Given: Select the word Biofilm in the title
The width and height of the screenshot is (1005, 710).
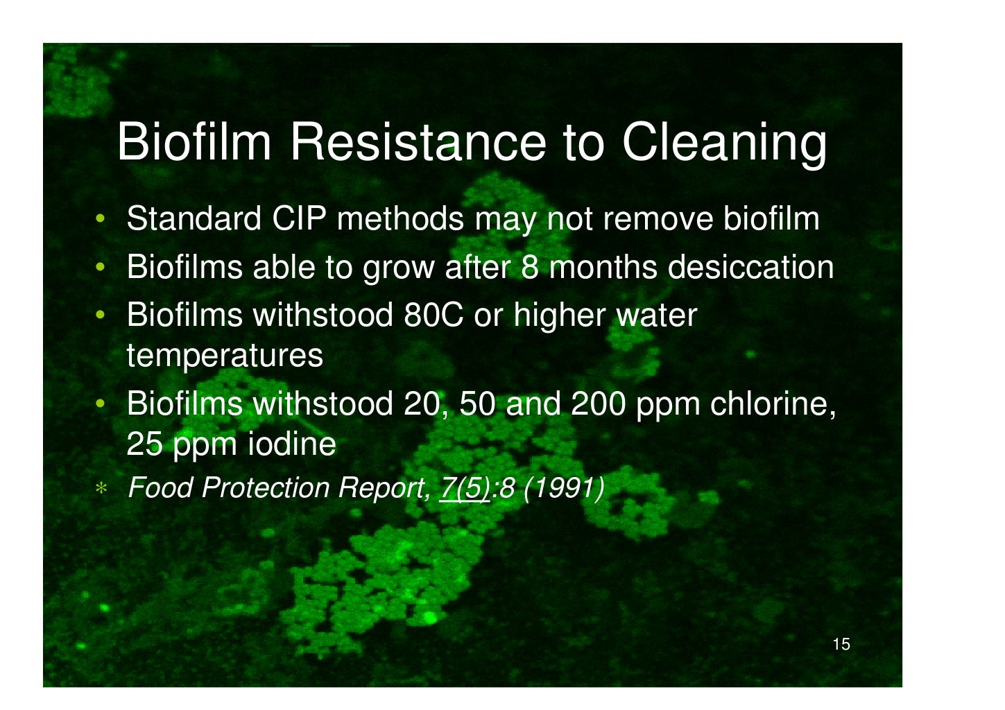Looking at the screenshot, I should pos(195,142).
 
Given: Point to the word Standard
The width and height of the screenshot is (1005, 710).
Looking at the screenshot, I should pos(194,219).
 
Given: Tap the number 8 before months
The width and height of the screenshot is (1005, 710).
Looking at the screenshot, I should pos(529,268).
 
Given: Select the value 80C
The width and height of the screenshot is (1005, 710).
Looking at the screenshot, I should pos(433,316).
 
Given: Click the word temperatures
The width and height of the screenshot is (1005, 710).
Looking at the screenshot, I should pos(225,356).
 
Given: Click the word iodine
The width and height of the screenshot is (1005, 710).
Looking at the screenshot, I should pos(291,444).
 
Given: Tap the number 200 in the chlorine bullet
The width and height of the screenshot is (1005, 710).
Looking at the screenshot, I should pos(598,404).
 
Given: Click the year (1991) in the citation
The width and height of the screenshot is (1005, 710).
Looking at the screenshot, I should pos(563,488).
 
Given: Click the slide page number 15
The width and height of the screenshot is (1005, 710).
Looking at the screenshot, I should pos(841,645).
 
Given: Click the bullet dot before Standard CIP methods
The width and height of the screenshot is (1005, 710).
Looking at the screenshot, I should pos(101,220).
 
